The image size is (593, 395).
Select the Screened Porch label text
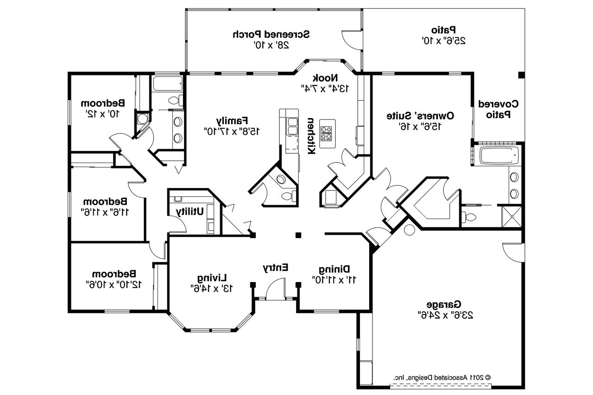click(271, 34)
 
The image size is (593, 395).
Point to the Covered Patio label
click(498, 109)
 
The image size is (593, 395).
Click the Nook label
click(325, 77)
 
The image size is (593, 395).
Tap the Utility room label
click(189, 211)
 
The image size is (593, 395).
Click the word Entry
click(276, 267)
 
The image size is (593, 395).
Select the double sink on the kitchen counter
click(292, 126)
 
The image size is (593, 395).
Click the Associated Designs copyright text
click(442, 377)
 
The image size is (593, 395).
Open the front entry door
click(275, 292)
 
